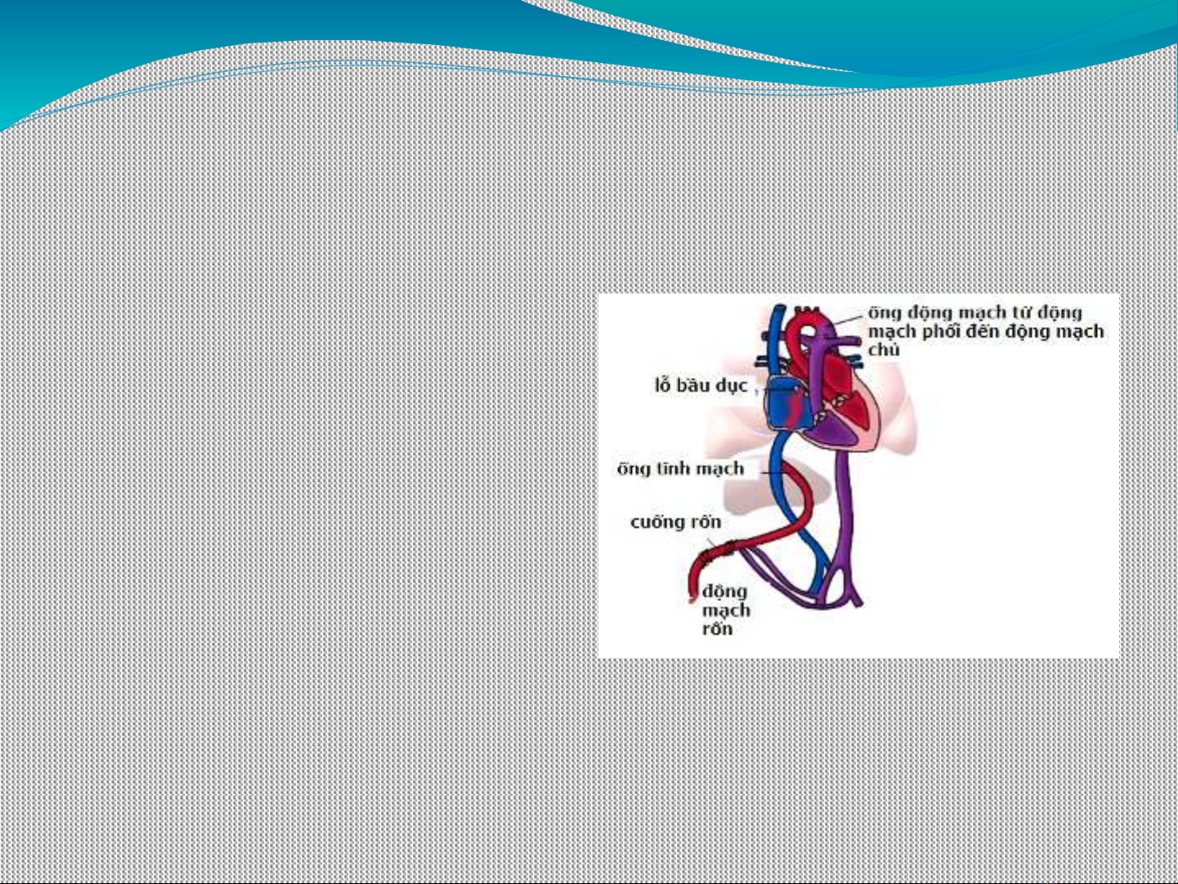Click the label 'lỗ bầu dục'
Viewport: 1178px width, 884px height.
point(701,386)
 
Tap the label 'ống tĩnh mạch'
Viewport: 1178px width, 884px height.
point(680,469)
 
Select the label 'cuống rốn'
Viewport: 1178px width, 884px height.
point(676,523)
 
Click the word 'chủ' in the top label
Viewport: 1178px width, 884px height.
point(884,350)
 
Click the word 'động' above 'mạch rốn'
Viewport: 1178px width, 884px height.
point(724,592)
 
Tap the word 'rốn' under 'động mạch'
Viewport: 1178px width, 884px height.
point(718,629)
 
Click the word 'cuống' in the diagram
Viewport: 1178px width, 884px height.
point(657,523)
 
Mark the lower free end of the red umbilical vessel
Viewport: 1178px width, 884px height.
point(693,598)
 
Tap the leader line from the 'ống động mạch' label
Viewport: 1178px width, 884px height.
point(848,320)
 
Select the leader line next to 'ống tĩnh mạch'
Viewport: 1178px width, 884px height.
point(773,473)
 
